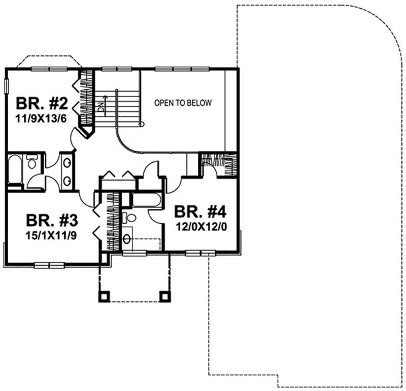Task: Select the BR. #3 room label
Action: coord(52,221)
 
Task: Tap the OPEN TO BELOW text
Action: coord(183,103)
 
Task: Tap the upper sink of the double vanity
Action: coord(66,162)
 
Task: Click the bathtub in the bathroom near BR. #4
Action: coord(146,199)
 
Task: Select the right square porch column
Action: coord(164,296)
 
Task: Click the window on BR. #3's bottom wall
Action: coord(49,264)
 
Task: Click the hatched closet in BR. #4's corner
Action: coord(219,165)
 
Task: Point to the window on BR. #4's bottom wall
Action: coord(201,253)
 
